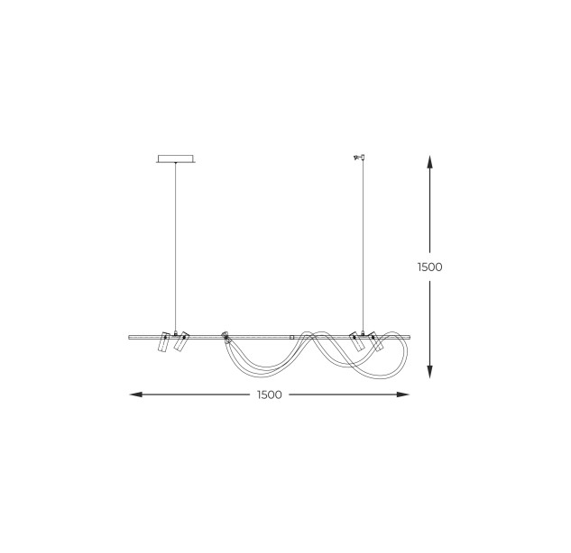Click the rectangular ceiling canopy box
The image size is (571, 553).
tap(176, 159)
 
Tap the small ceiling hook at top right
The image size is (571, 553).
tap(360, 157)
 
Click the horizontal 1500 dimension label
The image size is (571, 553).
tap(270, 394)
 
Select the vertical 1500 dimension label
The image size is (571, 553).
tap(429, 267)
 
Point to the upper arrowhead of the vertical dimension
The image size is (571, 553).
tap(429, 161)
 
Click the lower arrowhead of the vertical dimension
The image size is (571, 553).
tap(429, 372)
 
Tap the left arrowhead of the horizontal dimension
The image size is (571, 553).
tap(136, 394)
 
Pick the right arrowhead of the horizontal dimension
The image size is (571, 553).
tap(402, 394)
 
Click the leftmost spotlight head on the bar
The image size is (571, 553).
tap(163, 341)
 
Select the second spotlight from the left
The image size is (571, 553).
tap(180, 341)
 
